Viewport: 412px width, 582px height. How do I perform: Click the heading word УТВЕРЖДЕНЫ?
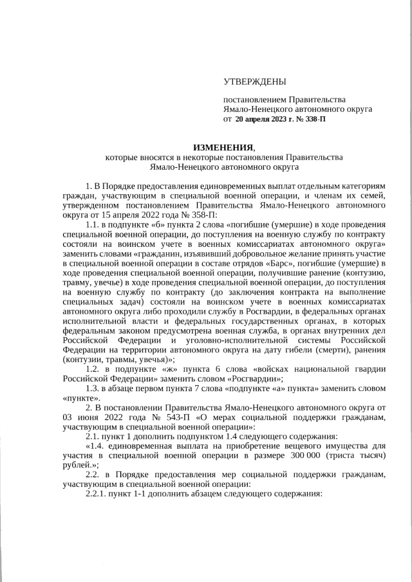tap(254, 82)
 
